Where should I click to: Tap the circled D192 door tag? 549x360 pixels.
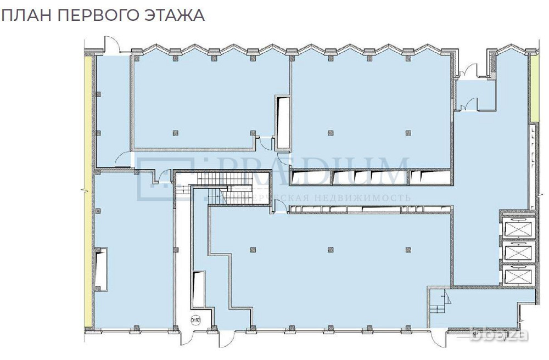pyautogui.click(x=195, y=319)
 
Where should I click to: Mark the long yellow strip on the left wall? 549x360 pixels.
pyautogui.click(x=88, y=192)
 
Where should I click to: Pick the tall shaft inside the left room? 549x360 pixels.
pyautogui.click(x=100, y=269)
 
